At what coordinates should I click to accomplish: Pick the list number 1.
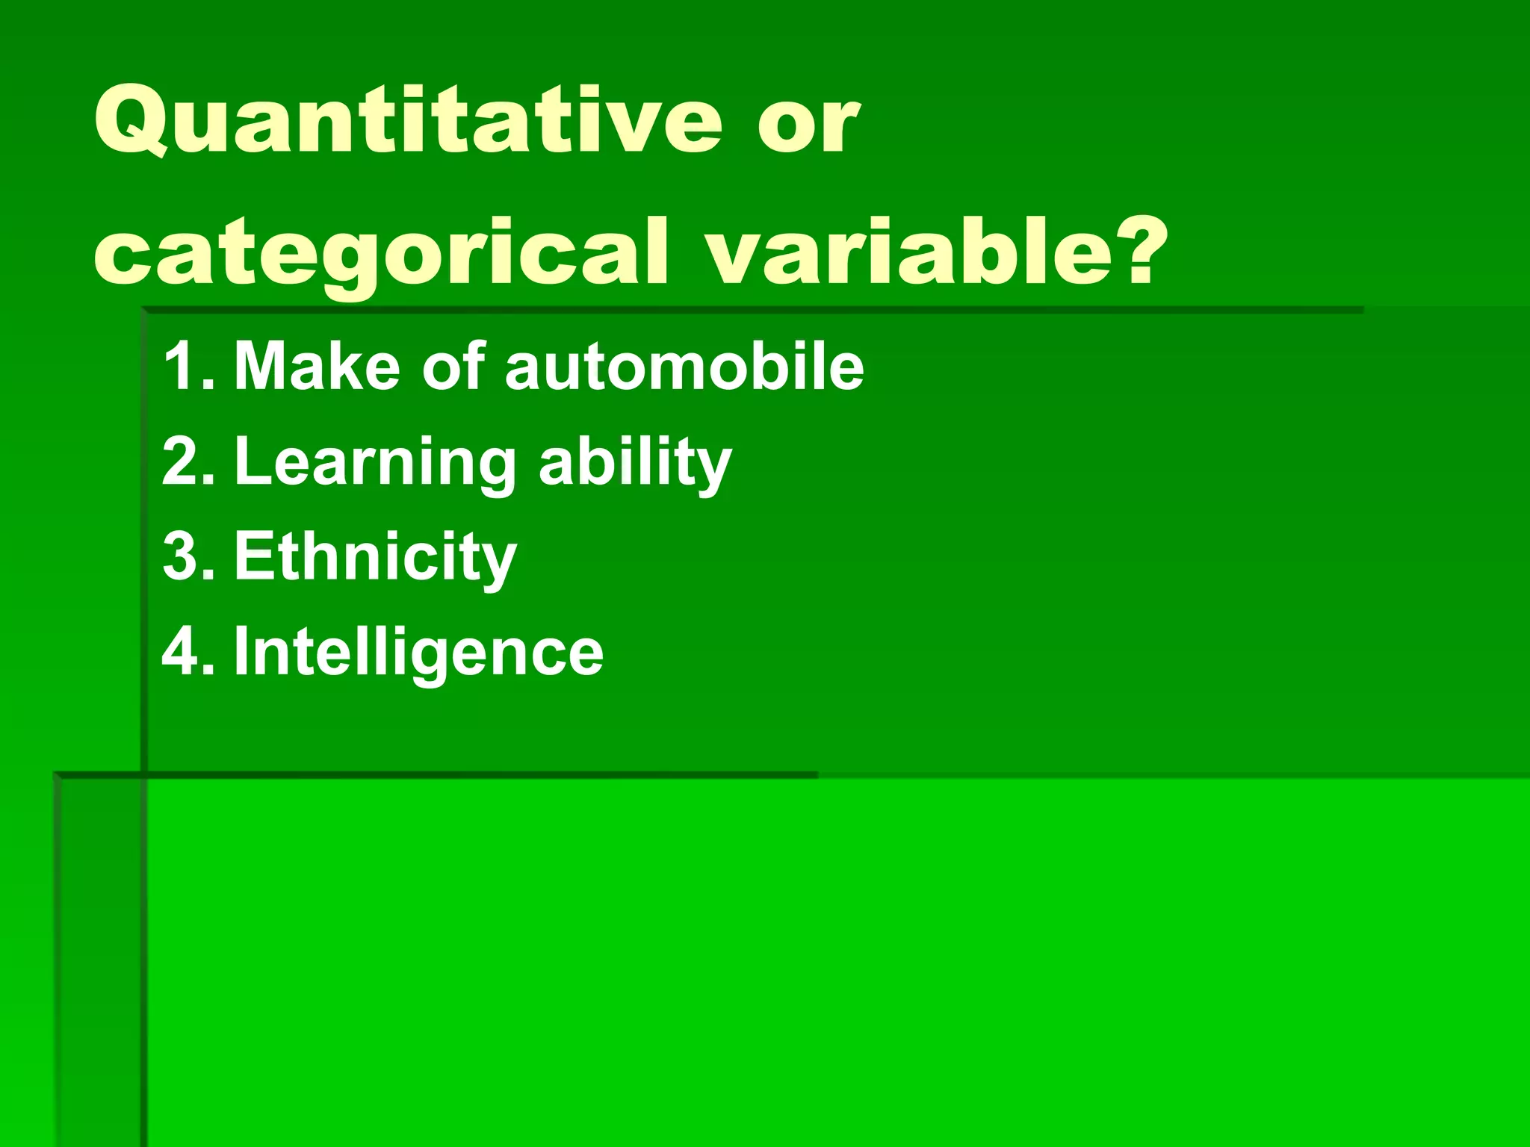coord(183,366)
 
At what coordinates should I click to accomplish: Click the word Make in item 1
coord(317,366)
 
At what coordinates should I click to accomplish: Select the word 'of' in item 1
coord(453,366)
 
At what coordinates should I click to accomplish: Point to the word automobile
coord(684,366)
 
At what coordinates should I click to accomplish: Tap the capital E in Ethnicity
coord(252,556)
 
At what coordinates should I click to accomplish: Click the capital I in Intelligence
coord(241,651)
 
